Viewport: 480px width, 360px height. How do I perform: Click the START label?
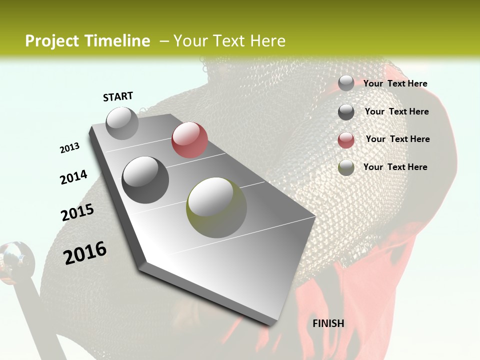tap(118, 96)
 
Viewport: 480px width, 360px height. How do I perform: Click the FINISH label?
tap(328, 323)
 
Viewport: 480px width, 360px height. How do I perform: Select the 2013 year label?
tap(70, 148)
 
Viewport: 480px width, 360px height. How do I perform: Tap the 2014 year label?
tap(74, 177)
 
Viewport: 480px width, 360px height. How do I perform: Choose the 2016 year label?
tap(85, 252)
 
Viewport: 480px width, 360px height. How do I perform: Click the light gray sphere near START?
tap(122, 123)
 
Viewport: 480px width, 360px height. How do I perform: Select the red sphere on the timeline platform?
tap(189, 140)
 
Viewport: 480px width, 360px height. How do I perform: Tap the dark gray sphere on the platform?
tap(145, 179)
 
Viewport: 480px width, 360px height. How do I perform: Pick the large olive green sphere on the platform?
tap(216, 207)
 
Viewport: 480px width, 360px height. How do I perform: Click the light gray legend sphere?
tap(346, 83)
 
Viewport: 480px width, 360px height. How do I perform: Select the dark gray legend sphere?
tap(346, 112)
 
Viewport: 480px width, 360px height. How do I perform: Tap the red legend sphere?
tap(346, 140)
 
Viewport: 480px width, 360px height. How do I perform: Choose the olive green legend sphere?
tap(346, 167)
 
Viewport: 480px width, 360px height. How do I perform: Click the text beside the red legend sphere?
tap(397, 139)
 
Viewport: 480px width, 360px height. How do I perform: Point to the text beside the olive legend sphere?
tap(395, 167)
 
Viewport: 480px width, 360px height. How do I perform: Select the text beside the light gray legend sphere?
tap(395, 83)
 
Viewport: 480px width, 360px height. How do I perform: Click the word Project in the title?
tap(51, 41)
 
